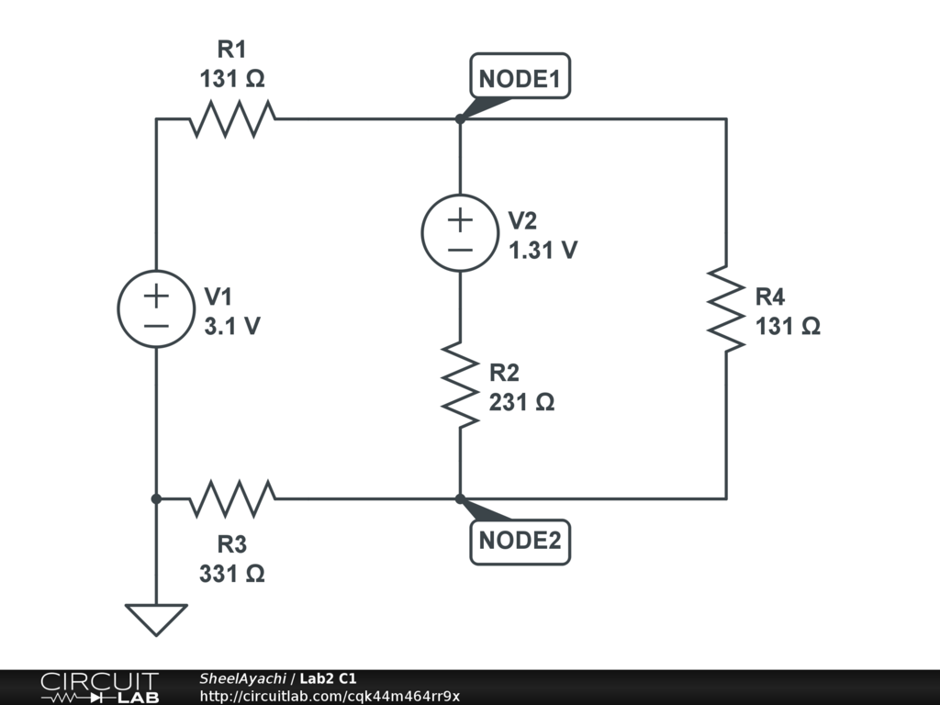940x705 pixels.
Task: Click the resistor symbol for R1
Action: (232, 118)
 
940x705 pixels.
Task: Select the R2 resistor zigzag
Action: (460, 385)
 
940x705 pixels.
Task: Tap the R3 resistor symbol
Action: (232, 498)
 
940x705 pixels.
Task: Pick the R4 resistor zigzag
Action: (726, 308)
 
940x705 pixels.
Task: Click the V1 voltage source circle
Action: (156, 308)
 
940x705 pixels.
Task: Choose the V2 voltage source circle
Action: (460, 232)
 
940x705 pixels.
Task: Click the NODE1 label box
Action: (520, 75)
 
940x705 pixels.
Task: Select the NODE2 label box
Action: (520, 542)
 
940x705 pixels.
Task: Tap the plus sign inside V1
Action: (156, 297)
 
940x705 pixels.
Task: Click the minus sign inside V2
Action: (460, 250)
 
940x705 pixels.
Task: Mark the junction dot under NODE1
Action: (460, 118)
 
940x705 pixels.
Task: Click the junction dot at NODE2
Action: (460, 498)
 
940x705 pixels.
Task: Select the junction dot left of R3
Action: (156, 498)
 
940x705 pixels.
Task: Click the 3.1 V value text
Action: (232, 326)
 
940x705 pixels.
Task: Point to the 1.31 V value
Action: (543, 250)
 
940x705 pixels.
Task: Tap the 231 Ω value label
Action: (521, 402)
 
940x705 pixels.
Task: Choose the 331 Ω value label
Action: (232, 574)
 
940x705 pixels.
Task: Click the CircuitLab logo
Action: (100, 688)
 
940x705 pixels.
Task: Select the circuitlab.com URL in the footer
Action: (330, 696)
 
